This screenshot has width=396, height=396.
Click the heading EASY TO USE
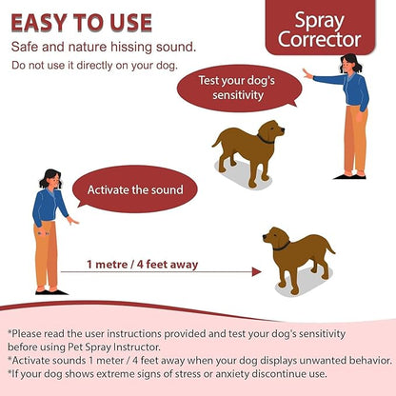[81, 23]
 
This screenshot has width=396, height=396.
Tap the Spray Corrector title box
[320, 27]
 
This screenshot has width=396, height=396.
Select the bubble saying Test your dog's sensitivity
[239, 88]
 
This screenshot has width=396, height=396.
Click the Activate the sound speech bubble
[134, 189]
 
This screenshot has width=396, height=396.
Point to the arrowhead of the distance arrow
[257, 272]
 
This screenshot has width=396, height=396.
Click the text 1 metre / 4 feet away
[143, 265]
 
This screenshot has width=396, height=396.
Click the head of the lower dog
[275, 237]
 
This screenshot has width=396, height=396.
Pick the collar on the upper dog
[266, 140]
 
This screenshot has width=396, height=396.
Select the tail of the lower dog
[329, 246]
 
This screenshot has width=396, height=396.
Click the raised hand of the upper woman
[307, 74]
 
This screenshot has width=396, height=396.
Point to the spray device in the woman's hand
[43, 234]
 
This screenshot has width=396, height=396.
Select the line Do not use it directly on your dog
[94, 66]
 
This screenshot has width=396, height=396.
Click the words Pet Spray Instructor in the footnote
[114, 346]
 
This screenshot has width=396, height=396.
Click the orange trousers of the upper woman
[356, 140]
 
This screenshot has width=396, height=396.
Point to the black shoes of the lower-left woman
[51, 292]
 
